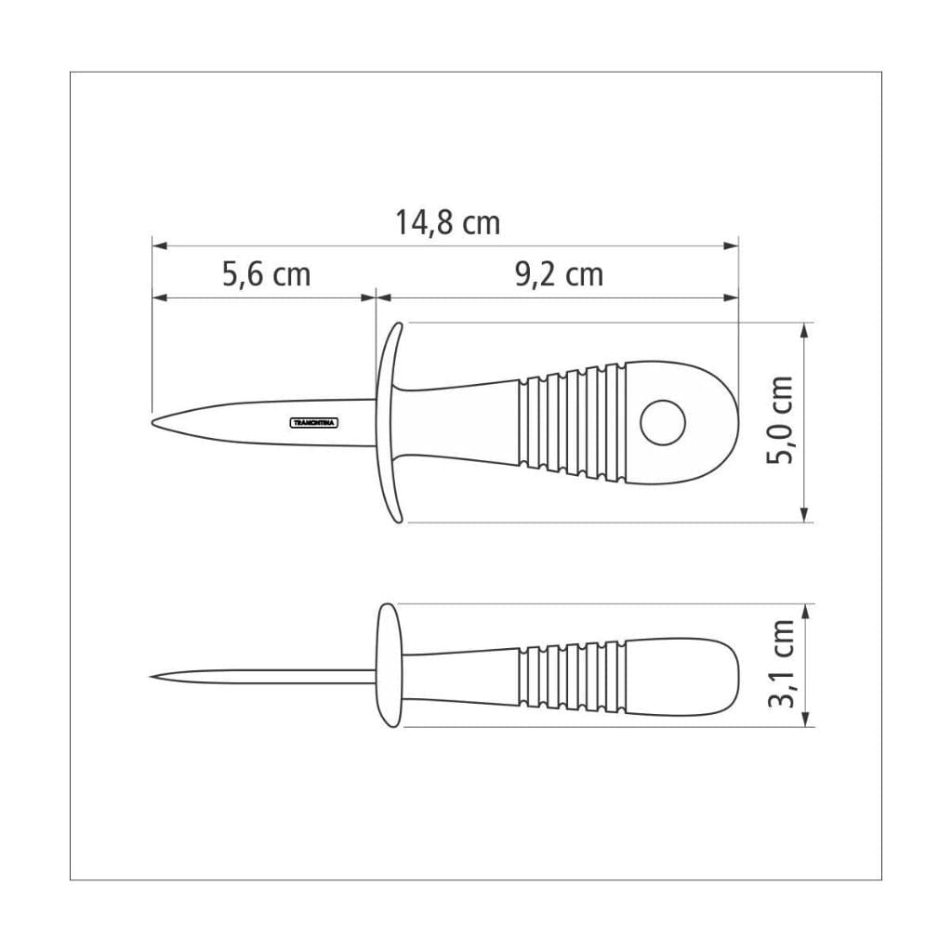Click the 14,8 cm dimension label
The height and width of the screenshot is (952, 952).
pos(447,224)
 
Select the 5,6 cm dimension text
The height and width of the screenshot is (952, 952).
pos(266,275)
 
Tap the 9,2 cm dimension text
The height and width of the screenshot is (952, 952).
pos(558,275)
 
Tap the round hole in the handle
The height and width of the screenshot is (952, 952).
pos(663,422)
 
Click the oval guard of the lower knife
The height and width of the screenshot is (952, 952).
pos(387,665)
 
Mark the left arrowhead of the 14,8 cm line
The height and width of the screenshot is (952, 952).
pos(158,246)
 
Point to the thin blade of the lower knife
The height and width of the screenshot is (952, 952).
pos(270,676)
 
